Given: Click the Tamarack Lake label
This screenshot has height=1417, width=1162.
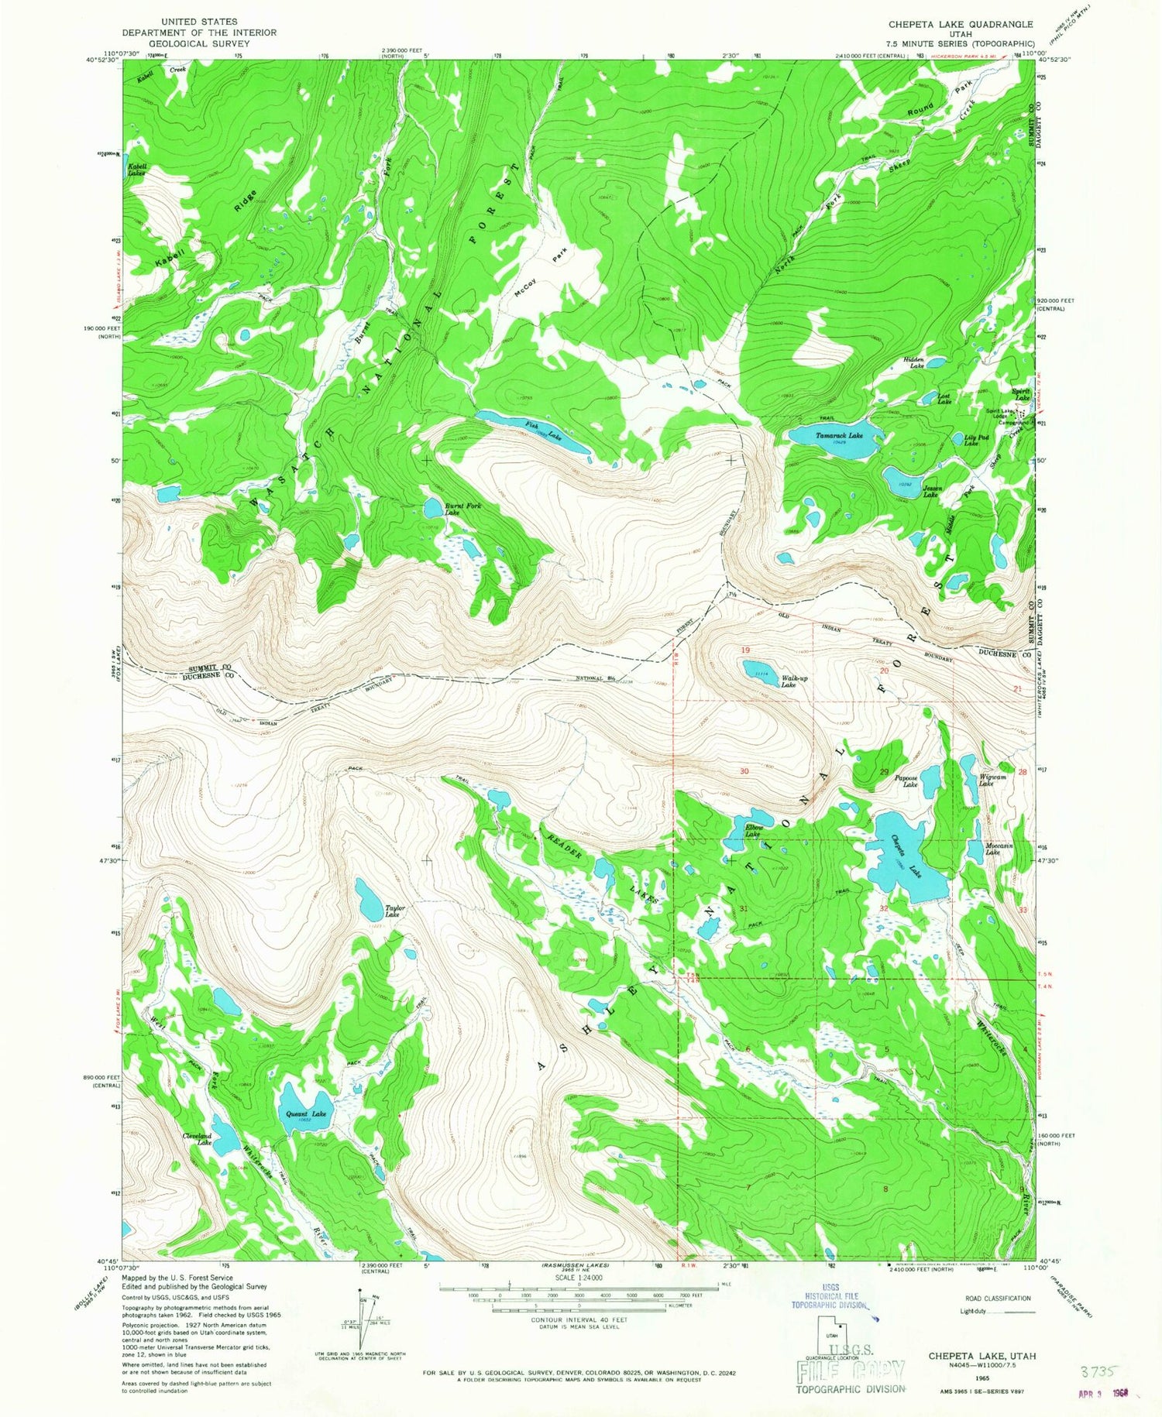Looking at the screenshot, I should (x=839, y=436).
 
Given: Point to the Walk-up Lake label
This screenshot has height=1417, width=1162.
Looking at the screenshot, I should (x=789, y=681).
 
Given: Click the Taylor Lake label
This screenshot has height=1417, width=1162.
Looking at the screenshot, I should (x=395, y=911).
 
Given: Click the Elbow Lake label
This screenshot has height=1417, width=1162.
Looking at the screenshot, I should (x=753, y=831).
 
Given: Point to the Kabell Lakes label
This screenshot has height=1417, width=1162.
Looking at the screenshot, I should (x=137, y=170).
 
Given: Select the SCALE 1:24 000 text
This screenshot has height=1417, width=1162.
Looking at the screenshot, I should (x=578, y=1278).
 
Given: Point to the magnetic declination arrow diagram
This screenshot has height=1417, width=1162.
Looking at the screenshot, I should (x=361, y=1312).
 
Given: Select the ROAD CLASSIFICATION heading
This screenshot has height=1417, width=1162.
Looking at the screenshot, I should (x=998, y=1298).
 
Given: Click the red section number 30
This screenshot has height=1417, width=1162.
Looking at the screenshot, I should (x=744, y=771).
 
